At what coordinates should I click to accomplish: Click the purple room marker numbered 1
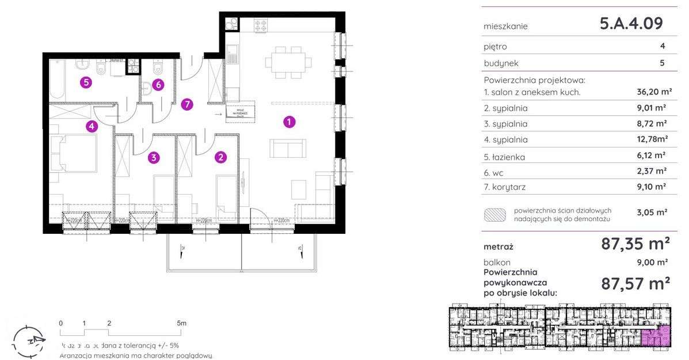(x=289, y=122)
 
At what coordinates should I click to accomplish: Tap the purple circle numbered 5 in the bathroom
(x=86, y=82)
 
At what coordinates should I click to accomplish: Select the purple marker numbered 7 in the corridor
(x=185, y=104)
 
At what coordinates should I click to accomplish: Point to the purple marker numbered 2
(x=219, y=156)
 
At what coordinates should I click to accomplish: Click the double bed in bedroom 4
(x=73, y=152)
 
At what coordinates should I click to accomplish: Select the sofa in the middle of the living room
(x=288, y=149)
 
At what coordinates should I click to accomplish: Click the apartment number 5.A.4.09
(x=631, y=24)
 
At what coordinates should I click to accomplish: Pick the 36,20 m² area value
(x=650, y=92)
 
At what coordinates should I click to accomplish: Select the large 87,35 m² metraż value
(x=635, y=244)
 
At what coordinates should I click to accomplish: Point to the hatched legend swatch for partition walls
(x=496, y=215)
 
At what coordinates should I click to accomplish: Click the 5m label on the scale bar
(x=182, y=323)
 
